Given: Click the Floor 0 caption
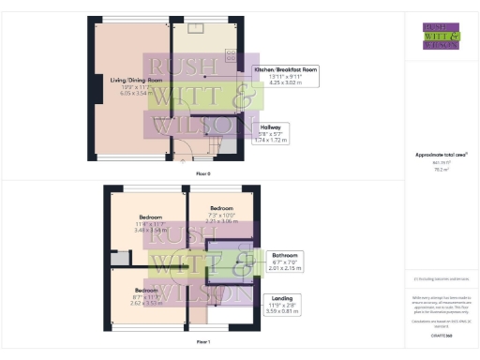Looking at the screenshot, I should [x=203, y=174].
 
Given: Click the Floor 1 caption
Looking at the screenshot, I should [x=203, y=342].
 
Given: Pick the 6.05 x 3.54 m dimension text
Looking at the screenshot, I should [x=130, y=94].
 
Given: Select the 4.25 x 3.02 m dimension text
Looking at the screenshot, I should [x=288, y=83].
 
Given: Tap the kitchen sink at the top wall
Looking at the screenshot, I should [x=199, y=26].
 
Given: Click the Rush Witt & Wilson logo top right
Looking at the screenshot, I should [x=441, y=36].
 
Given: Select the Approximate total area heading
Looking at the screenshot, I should [x=441, y=155].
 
